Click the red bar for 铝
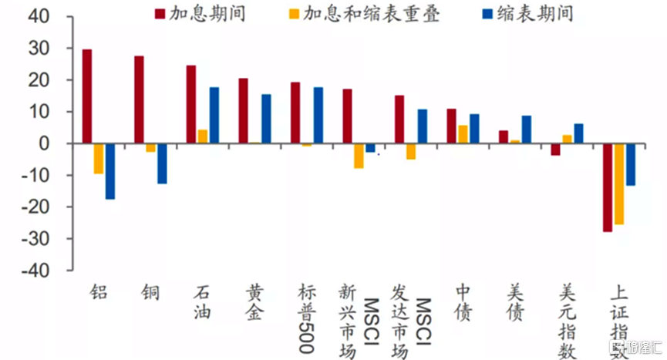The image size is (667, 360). coord(87,96)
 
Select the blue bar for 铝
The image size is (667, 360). coord(110,171)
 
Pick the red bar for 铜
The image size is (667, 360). coord(139,99)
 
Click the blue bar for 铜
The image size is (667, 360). coord(162,163)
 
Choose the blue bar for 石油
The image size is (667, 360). coord(214,116)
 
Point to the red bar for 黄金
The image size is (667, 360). coord(243,111)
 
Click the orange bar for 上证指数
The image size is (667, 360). coord(619,183)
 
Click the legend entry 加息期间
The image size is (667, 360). coord(200,14)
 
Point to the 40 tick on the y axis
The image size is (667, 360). coord(38,17)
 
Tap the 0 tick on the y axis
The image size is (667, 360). coord(43,144)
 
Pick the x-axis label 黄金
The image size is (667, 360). coord(254,302)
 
